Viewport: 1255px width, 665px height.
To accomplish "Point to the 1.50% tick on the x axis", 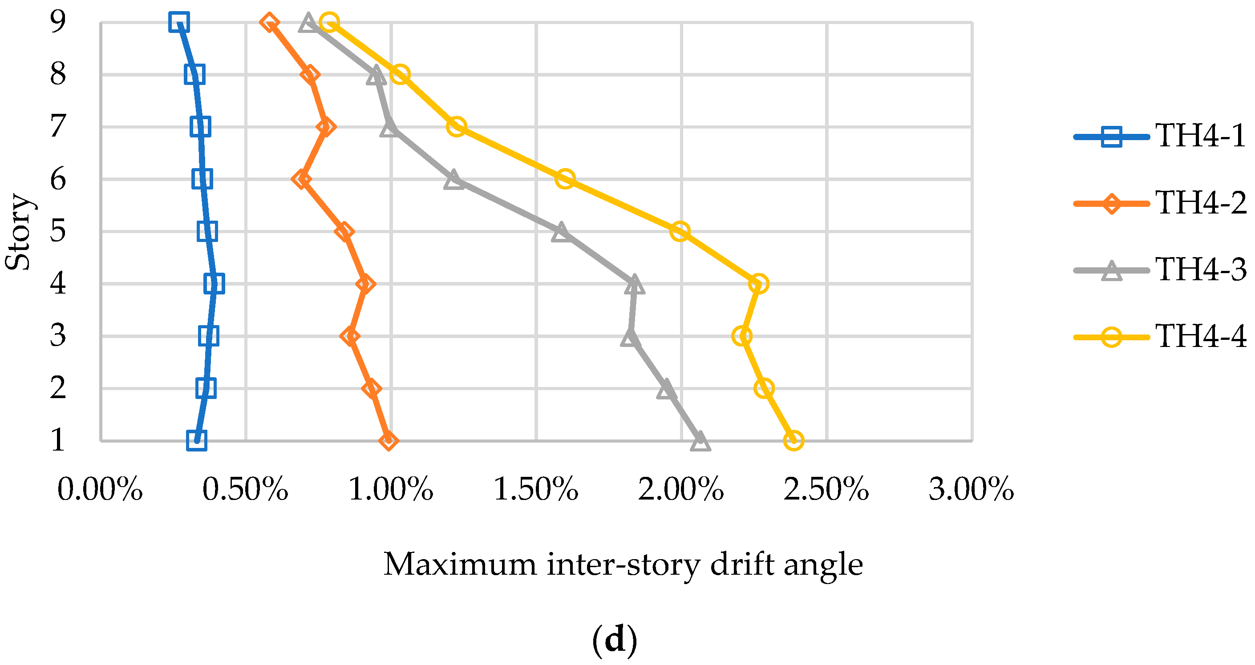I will coord(536,489).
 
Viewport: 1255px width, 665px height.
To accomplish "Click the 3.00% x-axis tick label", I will coord(972,489).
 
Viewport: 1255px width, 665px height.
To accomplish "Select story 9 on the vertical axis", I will coord(58,22).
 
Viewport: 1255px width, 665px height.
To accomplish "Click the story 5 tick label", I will coord(58,231).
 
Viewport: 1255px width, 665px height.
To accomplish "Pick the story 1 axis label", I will coord(58,440).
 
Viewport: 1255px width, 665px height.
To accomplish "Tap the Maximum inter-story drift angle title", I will coord(623,565).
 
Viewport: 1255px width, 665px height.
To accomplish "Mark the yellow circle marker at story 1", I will coord(793,440).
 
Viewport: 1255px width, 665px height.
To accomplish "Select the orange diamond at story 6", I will coord(302,179).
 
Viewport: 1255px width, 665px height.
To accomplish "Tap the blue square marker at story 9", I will coord(179,22).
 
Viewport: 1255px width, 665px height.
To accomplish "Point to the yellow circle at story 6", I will coord(565,179).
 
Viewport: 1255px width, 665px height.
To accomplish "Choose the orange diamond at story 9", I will coord(269,22).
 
